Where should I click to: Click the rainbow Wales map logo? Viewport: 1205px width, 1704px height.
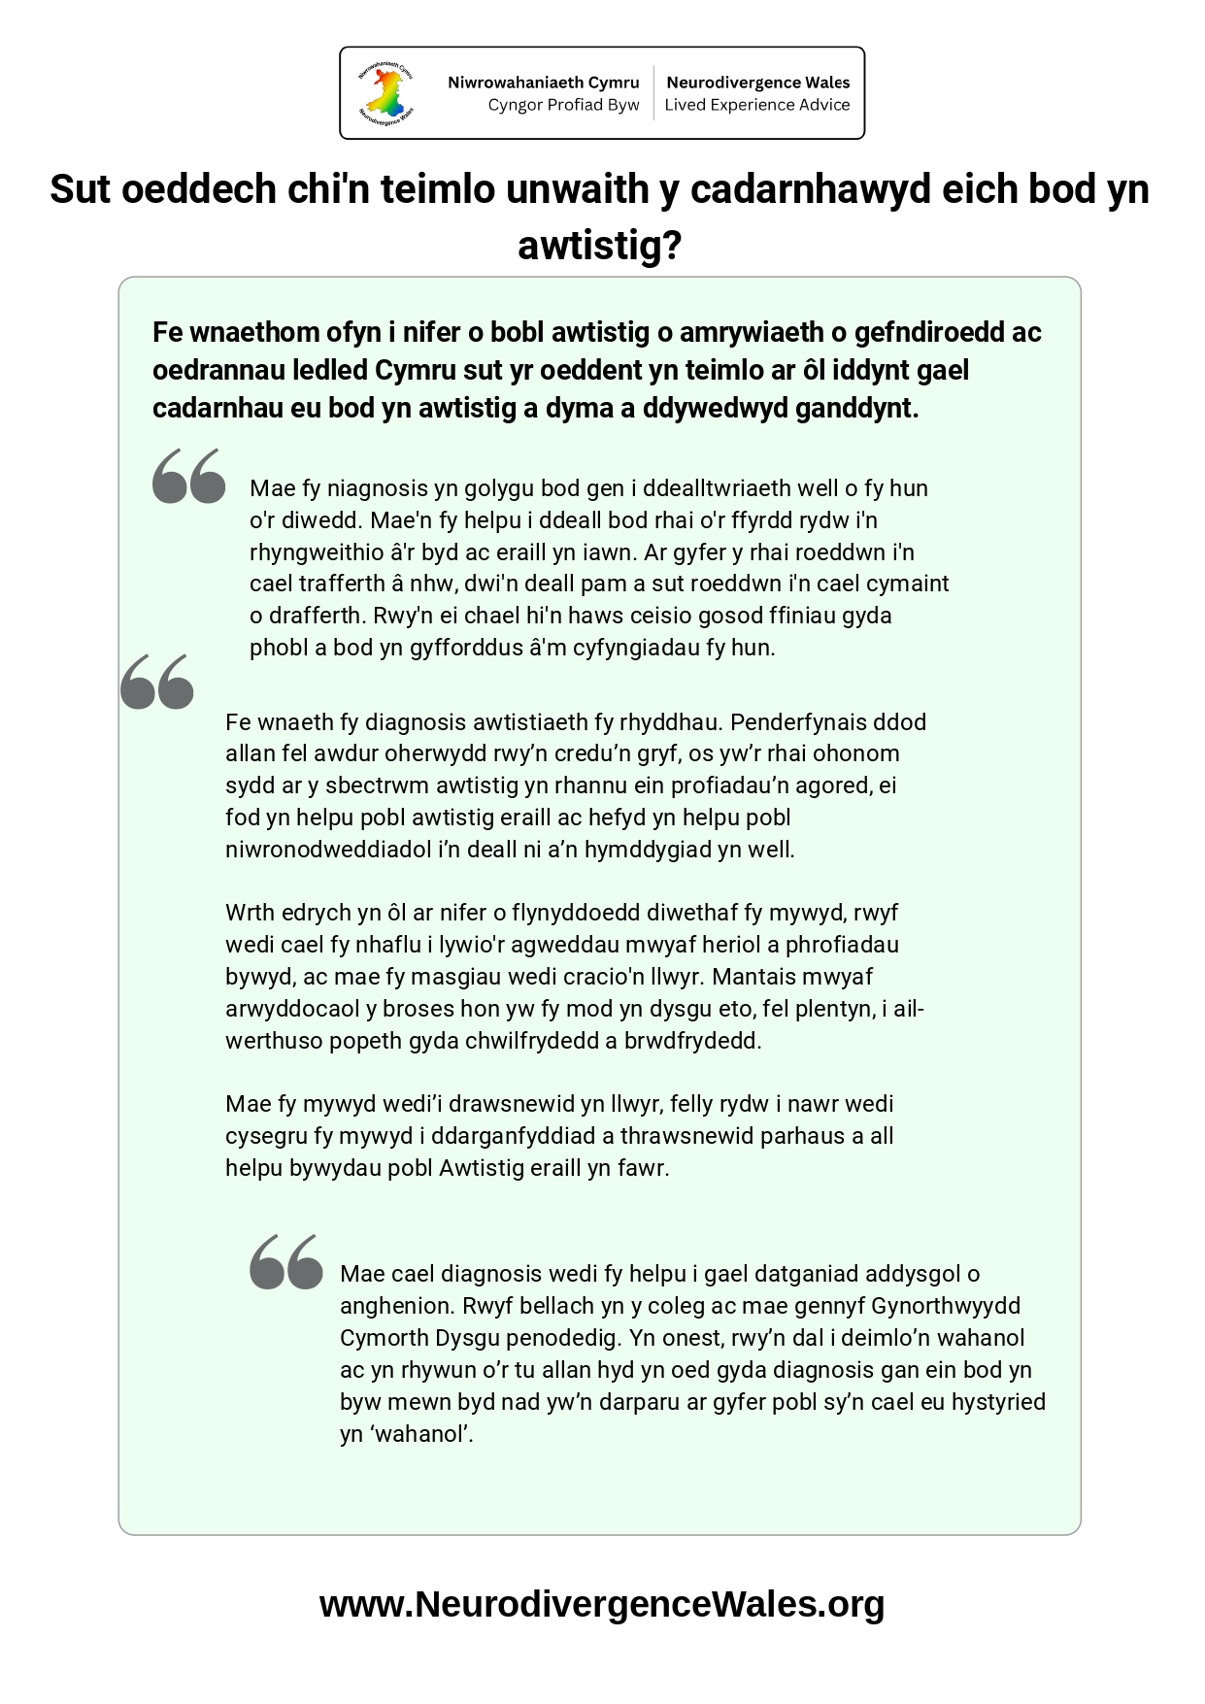click(x=386, y=93)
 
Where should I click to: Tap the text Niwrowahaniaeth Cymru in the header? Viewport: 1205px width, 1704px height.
click(x=543, y=83)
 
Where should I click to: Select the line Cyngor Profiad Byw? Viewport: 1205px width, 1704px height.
click(x=563, y=105)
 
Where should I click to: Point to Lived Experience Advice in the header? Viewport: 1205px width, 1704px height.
click(x=756, y=105)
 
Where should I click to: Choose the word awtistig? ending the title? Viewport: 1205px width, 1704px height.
click(x=600, y=245)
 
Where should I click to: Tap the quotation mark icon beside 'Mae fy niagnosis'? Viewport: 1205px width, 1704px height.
click(x=189, y=476)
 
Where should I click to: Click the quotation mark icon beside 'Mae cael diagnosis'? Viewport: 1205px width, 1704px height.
click(x=286, y=1261)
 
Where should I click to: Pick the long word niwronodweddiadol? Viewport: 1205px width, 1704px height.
click(x=328, y=850)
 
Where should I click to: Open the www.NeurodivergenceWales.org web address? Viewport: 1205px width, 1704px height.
click(x=602, y=1604)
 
